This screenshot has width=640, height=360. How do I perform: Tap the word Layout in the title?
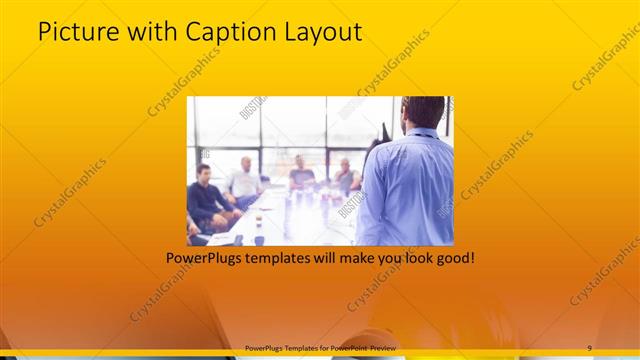coord(322,32)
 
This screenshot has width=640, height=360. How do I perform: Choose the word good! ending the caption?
coord(454,258)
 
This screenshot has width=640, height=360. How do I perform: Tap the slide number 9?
coord(589,347)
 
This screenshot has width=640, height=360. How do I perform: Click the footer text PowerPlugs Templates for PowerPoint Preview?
coord(320,347)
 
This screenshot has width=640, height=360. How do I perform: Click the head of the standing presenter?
coord(424,112)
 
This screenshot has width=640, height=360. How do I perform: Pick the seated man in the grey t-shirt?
coord(301,174)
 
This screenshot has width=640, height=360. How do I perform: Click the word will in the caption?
coord(312,258)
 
